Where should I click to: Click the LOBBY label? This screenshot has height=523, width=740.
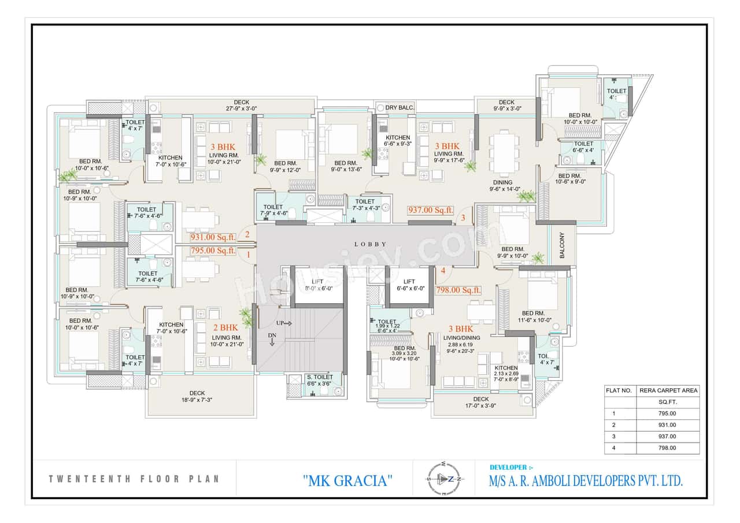tap(370, 244)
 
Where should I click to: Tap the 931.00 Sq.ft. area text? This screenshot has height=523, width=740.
tap(213, 237)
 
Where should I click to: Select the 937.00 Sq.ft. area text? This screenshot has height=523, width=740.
tap(431, 210)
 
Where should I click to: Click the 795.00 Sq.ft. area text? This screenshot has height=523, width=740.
tap(213, 251)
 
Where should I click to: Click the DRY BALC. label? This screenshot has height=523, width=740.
tap(399, 108)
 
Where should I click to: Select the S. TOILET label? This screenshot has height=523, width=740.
tap(319, 377)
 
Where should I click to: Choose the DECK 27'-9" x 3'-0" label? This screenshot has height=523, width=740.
tap(241, 105)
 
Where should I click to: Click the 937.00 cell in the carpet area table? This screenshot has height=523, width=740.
tap(668, 436)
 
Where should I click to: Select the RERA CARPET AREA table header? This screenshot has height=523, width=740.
tap(668, 391)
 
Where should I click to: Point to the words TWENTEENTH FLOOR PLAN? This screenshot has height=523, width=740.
tap(134, 479)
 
